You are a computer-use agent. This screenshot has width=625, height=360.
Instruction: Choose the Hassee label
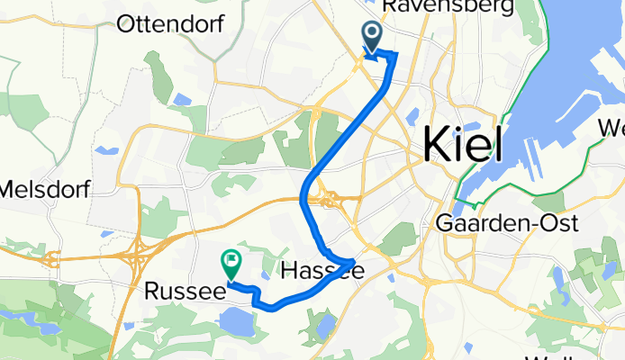tap(322, 270)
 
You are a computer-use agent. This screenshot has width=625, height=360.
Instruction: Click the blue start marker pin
tap(371, 38)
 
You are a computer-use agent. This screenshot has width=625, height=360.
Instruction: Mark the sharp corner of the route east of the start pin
tap(394, 56)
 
